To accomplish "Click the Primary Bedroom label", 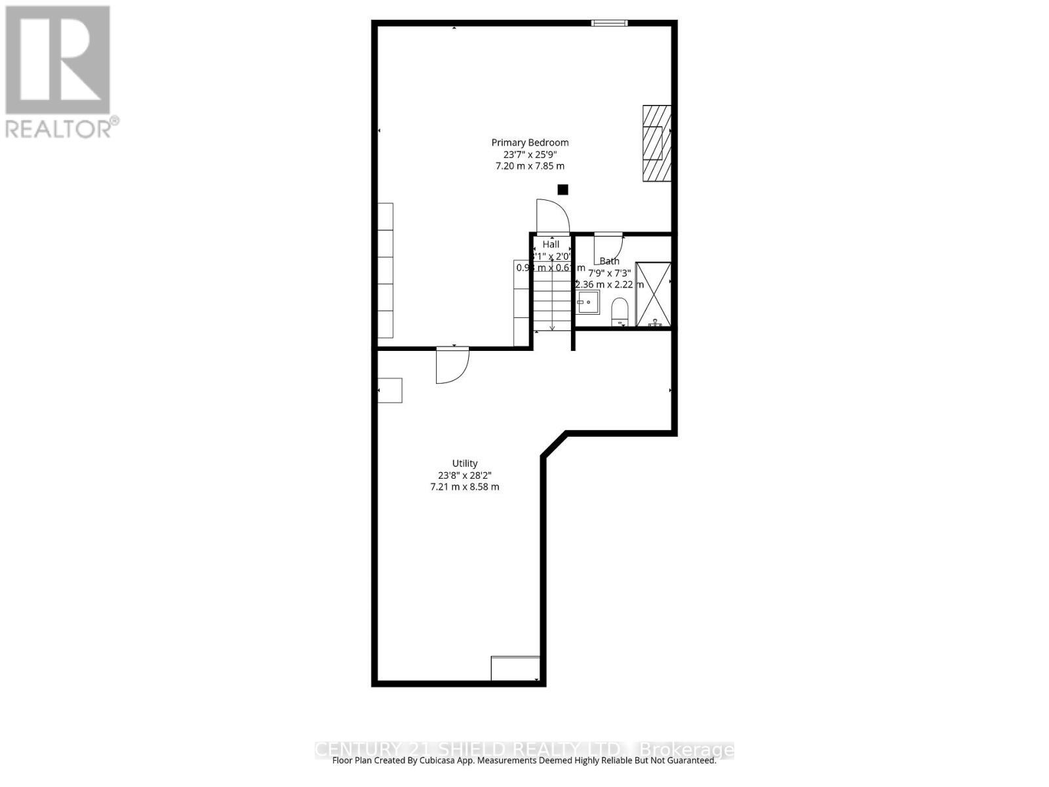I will point(530,142).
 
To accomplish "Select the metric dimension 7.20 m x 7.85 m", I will point(530,167).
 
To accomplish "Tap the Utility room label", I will point(464,463).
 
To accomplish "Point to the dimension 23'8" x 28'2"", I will point(464,475).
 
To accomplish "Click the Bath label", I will point(609,261).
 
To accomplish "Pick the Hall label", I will point(551,244).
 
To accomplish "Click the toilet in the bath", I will point(619,311).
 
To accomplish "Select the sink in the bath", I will point(588,302).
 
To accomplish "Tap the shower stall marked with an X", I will point(654,294).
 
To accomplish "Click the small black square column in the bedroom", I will point(563,190).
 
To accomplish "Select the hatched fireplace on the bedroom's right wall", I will point(656,143).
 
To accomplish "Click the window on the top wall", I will point(609,24).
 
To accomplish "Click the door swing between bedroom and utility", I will point(452,365).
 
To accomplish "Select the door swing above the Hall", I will point(552,216).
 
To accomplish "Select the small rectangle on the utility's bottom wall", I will point(515,668).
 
